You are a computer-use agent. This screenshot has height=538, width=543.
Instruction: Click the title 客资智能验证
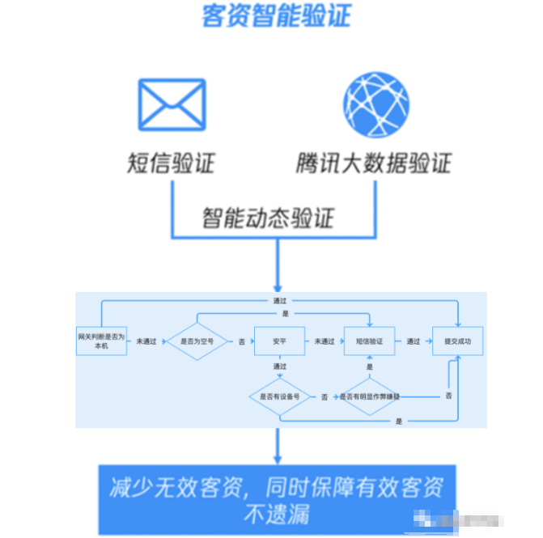pyautogui.click(x=276, y=16)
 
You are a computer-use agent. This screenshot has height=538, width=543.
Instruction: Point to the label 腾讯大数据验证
pyautogui.click(x=373, y=163)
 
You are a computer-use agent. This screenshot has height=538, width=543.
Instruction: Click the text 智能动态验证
pyautogui.click(x=268, y=218)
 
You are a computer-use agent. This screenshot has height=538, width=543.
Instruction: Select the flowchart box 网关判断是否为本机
pyautogui.click(x=101, y=341)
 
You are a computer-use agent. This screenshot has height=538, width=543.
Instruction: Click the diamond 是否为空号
pyautogui.click(x=197, y=341)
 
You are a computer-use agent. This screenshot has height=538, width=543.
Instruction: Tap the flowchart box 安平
pyautogui.click(x=279, y=341)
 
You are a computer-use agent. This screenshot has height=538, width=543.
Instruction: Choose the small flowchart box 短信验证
pyautogui.click(x=368, y=341)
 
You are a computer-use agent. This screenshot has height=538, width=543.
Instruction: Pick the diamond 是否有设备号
pyautogui.click(x=279, y=396)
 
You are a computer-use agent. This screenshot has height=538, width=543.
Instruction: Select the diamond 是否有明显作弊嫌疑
pyautogui.click(x=369, y=396)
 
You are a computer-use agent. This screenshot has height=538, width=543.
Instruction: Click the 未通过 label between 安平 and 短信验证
pyautogui.click(x=324, y=341)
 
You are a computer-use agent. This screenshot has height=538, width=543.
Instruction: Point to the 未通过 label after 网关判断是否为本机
pyautogui.click(x=146, y=341)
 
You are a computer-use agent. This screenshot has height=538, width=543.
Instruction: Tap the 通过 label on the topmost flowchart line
pyautogui.click(x=279, y=300)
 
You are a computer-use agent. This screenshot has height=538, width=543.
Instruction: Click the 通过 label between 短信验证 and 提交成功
pyautogui.click(x=413, y=341)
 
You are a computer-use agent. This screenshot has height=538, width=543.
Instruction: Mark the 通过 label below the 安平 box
pyautogui.click(x=280, y=366)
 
